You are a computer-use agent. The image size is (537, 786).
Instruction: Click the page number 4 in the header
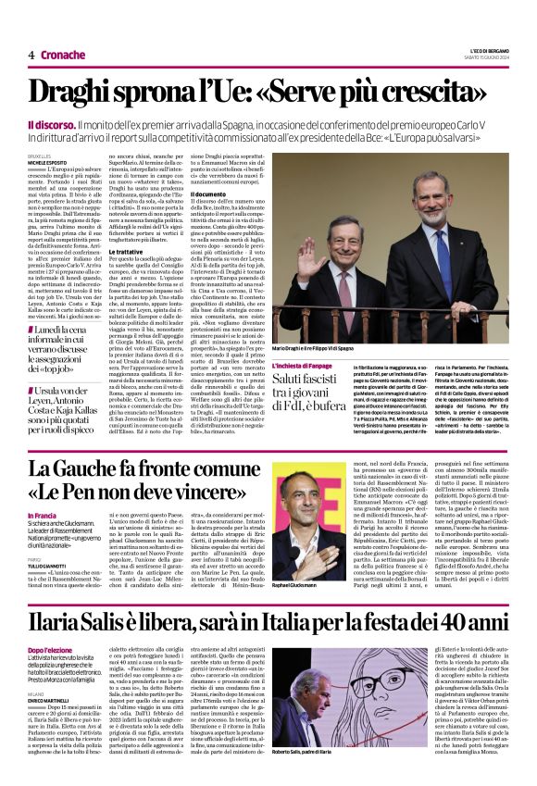pos(31,56)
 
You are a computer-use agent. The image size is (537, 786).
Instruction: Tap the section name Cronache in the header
pos(63,56)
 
